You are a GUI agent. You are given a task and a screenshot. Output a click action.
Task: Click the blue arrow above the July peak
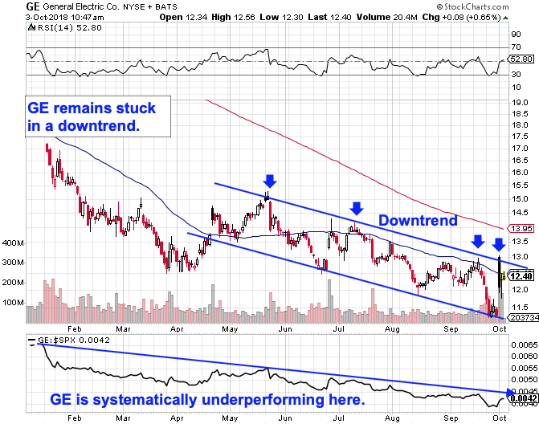(x=354, y=208)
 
